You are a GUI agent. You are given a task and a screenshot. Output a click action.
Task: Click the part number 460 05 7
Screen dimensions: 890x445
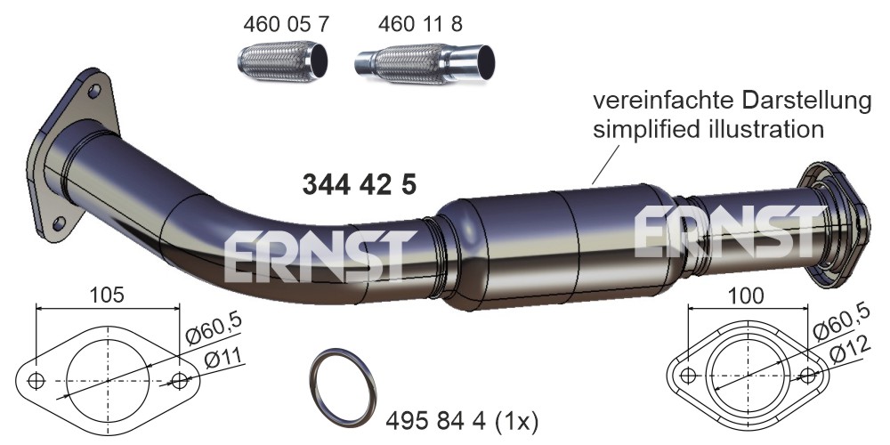click(x=286, y=24)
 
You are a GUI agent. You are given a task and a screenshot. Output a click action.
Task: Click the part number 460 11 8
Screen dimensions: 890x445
click(x=421, y=24)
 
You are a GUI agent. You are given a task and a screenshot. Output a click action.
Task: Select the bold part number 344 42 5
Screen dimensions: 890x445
click(x=360, y=185)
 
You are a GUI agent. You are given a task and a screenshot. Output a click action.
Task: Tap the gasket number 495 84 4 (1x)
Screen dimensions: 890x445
click(x=461, y=421)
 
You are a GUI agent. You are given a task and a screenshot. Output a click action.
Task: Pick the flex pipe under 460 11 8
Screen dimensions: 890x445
click(x=425, y=64)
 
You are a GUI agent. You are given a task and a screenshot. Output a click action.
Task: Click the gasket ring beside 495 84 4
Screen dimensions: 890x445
click(x=344, y=388)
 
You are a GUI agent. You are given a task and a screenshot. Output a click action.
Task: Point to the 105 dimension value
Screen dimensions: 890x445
click(x=107, y=295)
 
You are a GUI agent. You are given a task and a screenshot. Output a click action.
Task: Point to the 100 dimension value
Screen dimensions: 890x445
click(x=745, y=295)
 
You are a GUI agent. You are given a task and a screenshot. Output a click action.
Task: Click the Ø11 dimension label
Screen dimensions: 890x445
click(x=223, y=359)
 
